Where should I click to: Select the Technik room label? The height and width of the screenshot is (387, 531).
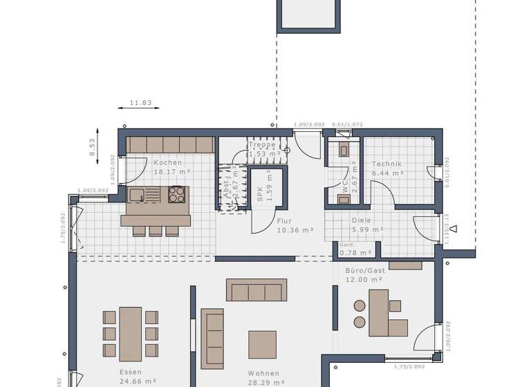(386, 164)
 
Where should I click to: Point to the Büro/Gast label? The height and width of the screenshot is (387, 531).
(365, 270)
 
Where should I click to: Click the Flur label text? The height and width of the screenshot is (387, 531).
(285, 222)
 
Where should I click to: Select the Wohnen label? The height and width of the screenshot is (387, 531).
(264, 373)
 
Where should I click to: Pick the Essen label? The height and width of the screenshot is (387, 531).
(130, 372)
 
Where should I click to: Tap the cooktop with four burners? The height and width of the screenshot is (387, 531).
(177, 194)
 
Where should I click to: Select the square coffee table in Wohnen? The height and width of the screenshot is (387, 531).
(263, 344)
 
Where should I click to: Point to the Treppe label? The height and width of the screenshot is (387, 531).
(263, 145)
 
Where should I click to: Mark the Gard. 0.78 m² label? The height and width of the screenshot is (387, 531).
(355, 252)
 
